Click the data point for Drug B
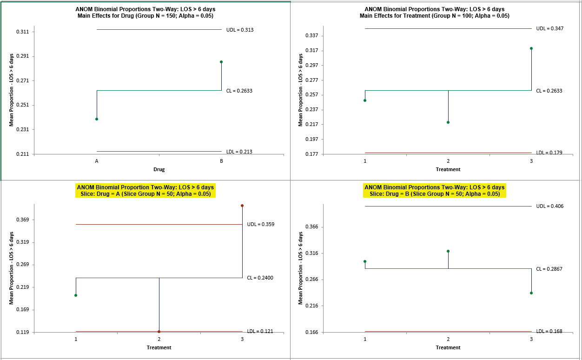[x=221, y=62]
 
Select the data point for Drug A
[x=97, y=119]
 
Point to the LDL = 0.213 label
[x=238, y=152]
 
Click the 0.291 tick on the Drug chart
[x=22, y=56]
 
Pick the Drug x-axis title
[x=159, y=169]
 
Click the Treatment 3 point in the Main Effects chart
[x=531, y=48]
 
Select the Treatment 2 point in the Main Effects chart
[x=448, y=122]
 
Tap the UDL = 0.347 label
[x=550, y=29]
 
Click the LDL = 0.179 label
[x=549, y=153]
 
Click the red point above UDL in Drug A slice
[x=242, y=206]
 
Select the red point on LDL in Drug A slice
[x=159, y=332]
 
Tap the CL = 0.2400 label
[x=260, y=278]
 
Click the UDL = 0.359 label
[x=260, y=224]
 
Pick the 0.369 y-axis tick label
[x=22, y=220]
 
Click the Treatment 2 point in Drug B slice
[x=448, y=251]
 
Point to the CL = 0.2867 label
[x=549, y=269]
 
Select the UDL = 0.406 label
[x=550, y=206]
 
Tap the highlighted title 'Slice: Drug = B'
[x=435, y=194]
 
